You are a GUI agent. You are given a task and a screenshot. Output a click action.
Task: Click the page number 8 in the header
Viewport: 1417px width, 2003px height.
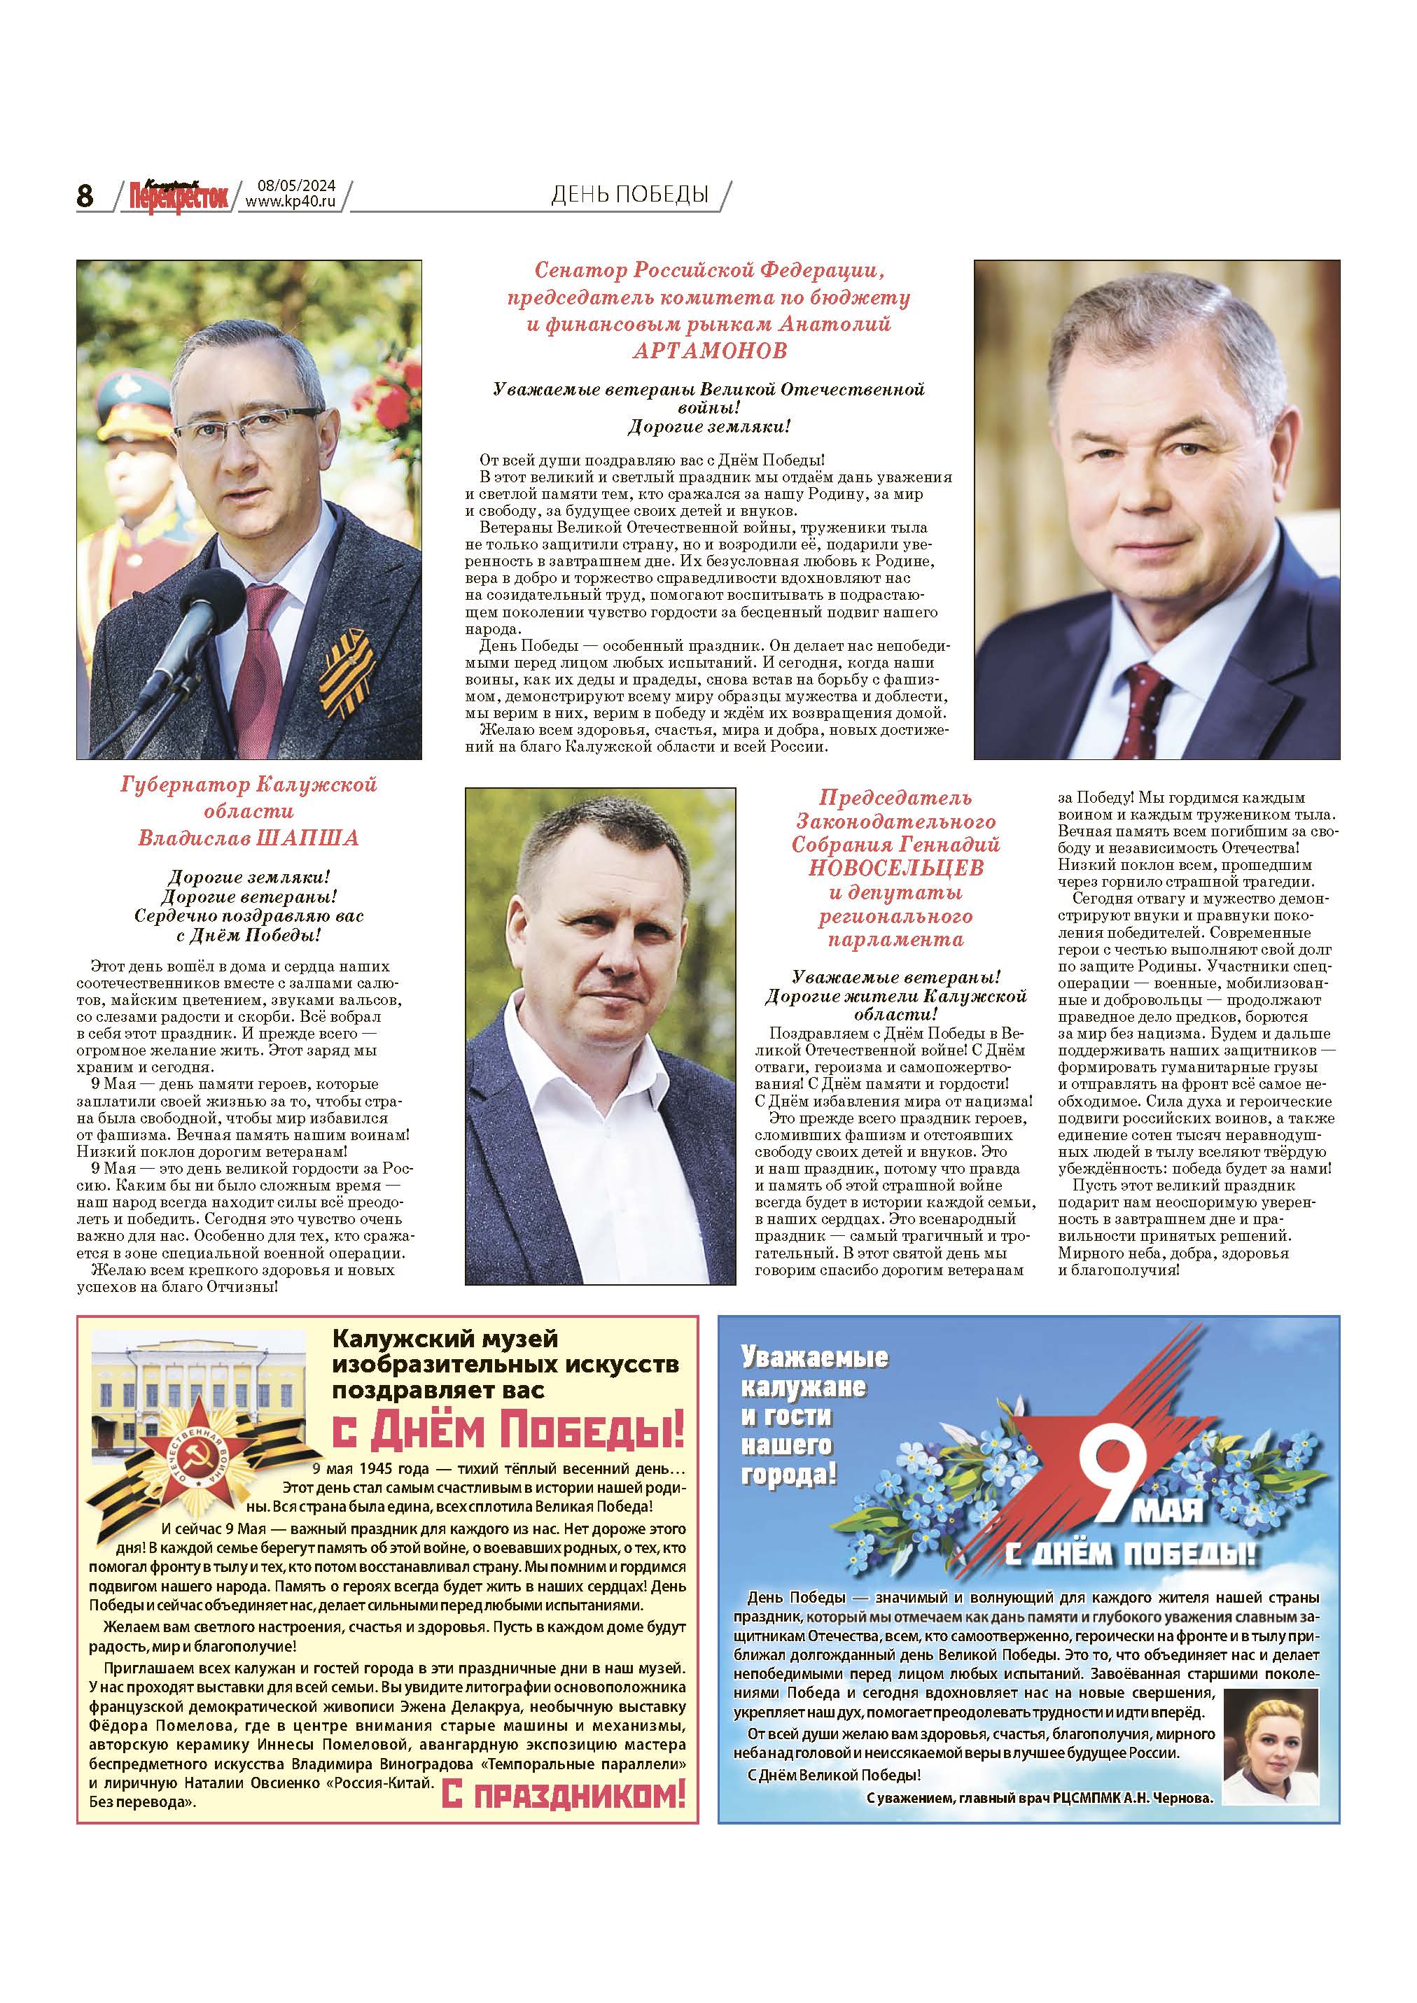(85, 196)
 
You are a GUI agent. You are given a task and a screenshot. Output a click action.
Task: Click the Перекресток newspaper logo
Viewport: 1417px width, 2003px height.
(178, 195)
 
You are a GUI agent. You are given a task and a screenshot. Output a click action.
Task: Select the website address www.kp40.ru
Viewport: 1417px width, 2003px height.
(291, 202)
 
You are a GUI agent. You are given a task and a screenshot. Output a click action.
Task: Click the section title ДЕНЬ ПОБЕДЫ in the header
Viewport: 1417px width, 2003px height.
(629, 195)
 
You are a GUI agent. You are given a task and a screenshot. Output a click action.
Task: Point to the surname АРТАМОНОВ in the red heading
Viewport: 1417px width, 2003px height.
(708, 351)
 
